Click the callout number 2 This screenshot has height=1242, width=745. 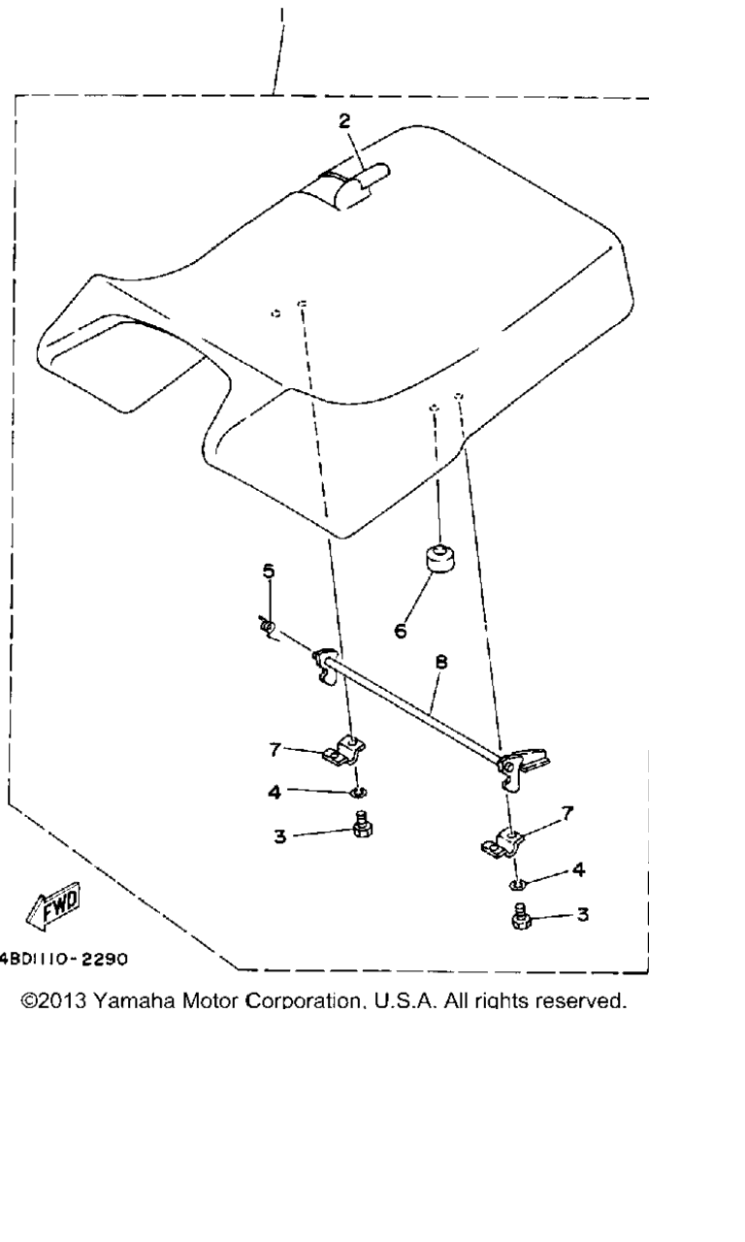tap(344, 121)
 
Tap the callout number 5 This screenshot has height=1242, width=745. tap(269, 572)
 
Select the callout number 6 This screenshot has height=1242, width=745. tap(401, 631)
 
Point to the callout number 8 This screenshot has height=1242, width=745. tap(441, 662)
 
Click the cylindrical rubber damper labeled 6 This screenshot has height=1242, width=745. tap(439, 558)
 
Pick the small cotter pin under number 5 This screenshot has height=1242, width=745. tap(268, 627)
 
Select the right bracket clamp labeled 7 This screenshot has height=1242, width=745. tap(502, 844)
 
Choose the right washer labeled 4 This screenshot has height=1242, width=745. tap(517, 884)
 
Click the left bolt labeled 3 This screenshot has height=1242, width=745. tap(362, 825)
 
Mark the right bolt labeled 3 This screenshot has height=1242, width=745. tap(521, 917)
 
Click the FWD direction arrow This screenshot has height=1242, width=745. tap(53, 905)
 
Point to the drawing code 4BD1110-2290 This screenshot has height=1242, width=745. tap(63, 959)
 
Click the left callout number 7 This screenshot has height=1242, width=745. tap(275, 750)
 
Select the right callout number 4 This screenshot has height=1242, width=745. tap(578, 869)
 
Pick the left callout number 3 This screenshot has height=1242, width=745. tap(280, 836)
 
